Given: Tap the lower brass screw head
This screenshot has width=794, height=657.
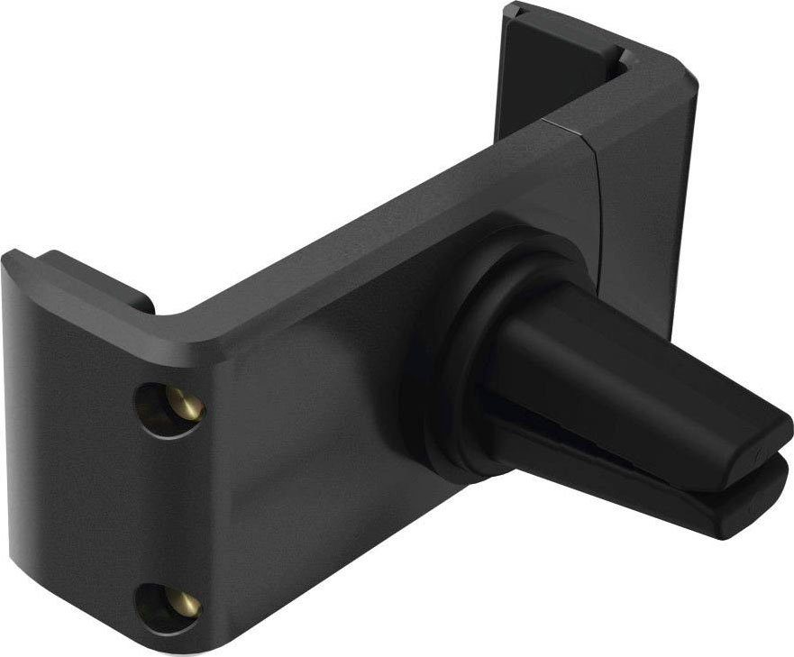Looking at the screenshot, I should pyautogui.click(x=186, y=603).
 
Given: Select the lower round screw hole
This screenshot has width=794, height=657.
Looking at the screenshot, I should pyautogui.click(x=171, y=602).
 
